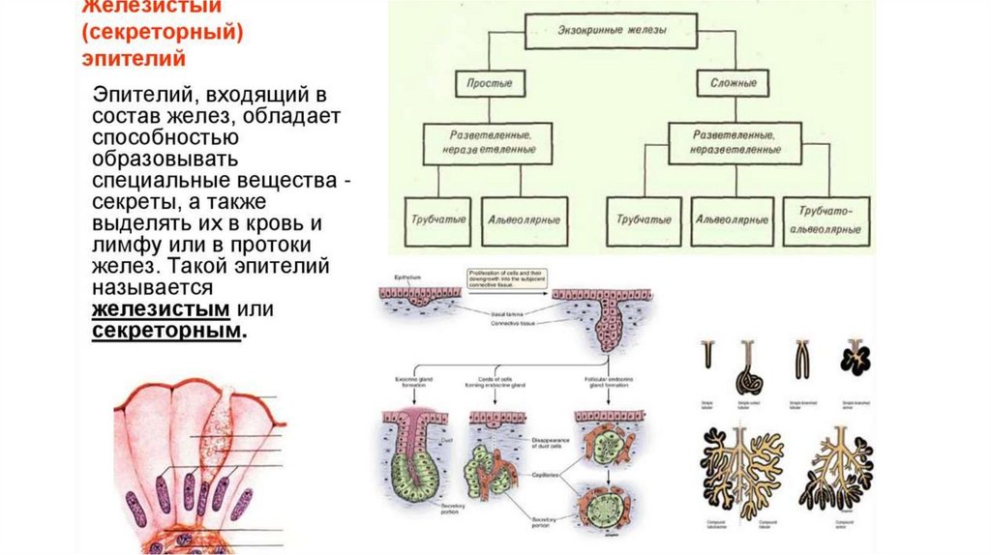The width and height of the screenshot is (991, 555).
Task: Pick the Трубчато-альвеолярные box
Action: point(827,219)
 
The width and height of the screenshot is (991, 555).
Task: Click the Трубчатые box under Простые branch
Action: point(435,218)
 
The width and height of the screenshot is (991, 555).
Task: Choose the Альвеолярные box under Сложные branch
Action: point(732,218)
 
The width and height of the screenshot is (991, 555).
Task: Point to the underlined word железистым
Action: point(161,309)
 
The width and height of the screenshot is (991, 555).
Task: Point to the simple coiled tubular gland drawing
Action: point(747,365)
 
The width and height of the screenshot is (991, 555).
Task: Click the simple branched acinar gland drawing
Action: point(855,359)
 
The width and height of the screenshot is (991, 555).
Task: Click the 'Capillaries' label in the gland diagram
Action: point(545,475)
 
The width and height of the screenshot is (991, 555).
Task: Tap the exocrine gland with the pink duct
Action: point(414,454)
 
